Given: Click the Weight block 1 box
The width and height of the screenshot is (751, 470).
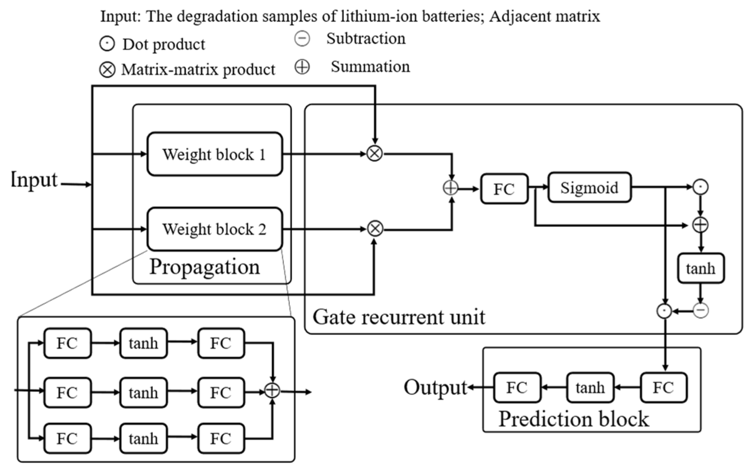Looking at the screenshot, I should coord(215,154).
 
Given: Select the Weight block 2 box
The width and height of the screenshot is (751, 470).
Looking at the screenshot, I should coord(215,229).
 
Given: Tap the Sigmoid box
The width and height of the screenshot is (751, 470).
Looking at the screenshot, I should coord(589,187).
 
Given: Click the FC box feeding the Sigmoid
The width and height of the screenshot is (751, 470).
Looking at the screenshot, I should coord(504,189).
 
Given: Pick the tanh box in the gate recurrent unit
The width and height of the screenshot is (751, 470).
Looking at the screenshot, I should coord(700,268).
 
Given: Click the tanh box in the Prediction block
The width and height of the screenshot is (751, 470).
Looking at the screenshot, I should coord(590,388).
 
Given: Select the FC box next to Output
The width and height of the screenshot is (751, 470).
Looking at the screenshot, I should coord(517,388).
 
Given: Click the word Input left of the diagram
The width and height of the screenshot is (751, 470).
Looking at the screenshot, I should coord(34,180).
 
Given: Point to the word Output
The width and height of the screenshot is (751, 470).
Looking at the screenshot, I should coord(435,388).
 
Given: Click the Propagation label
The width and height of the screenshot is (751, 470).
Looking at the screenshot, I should coord(204,267).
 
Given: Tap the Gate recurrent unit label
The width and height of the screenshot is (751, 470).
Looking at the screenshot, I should coord(399,317).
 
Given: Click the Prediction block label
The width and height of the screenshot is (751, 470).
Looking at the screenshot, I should coord(573,419).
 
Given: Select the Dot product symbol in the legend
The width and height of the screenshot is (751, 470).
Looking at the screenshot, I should coord(107,44).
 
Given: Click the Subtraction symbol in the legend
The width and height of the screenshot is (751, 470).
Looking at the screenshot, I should coord(302,39).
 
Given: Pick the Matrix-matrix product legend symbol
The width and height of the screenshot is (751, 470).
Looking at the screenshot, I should coord(107,70).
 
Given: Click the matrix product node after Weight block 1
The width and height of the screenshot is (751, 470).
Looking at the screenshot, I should coord(375,153).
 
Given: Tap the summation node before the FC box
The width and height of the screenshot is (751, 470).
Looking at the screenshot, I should coord(450,188).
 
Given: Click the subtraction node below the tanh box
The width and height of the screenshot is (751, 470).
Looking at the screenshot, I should coord(700,311).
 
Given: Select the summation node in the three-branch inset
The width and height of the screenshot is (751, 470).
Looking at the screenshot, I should coord(272,390).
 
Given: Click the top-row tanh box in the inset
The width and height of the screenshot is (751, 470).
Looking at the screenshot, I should coord(143,344).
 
